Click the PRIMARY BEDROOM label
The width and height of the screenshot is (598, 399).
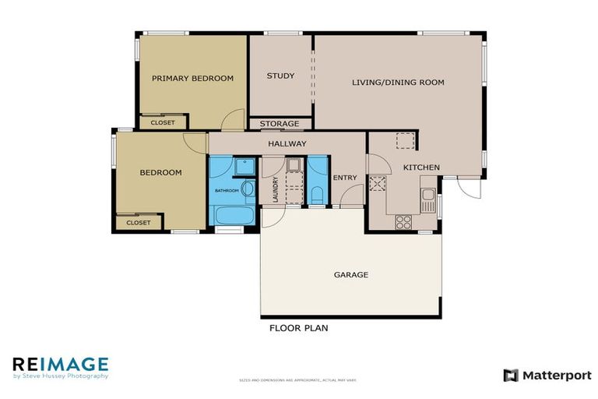(192, 78)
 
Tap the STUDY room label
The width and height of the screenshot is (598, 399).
(280, 76)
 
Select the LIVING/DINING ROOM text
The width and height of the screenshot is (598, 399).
(398, 82)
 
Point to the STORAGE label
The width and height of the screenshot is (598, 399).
(280, 124)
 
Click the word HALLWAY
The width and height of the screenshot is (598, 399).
(287, 143)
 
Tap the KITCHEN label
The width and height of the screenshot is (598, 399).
(421, 168)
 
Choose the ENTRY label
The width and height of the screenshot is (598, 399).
(344, 178)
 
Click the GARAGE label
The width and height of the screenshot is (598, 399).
(350, 274)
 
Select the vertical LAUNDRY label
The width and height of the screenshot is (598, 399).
(276, 189)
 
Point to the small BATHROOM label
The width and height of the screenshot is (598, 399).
(227, 190)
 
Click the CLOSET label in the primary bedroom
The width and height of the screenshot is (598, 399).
(163, 122)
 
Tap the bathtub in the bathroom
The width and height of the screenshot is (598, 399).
(232, 215)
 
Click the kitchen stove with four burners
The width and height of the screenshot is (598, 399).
(403, 222)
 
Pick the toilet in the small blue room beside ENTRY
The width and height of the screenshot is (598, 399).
(317, 194)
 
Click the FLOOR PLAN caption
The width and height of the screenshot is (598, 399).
(298, 328)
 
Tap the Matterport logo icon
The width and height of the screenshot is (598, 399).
(511, 376)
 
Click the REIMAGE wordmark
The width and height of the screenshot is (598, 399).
(60, 363)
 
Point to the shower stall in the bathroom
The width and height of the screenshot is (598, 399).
(243, 168)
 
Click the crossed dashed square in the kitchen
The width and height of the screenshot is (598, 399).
(378, 184)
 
